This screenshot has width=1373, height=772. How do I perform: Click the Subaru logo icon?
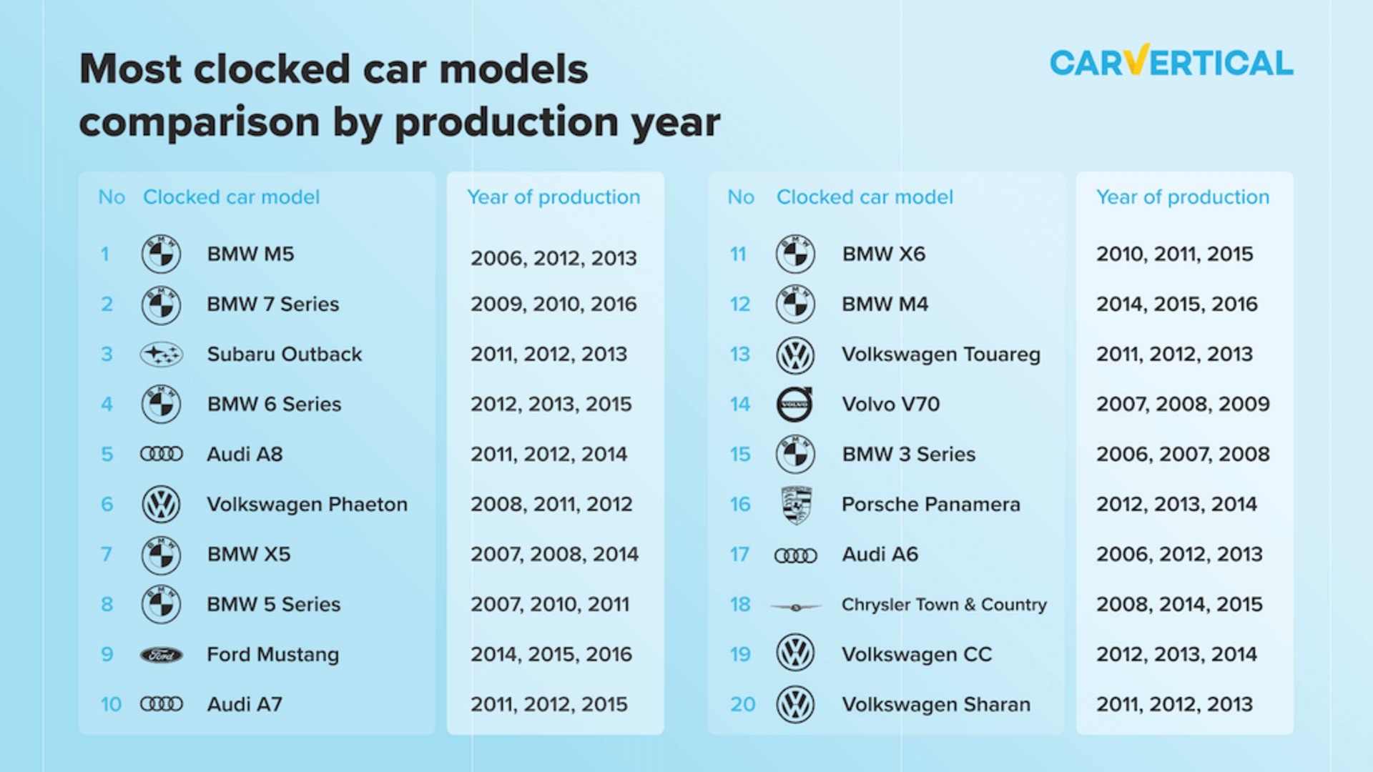(161, 355)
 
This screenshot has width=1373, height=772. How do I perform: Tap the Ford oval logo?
(161, 655)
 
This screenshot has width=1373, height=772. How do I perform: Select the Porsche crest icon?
(796, 505)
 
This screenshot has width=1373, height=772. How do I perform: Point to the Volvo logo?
(795, 405)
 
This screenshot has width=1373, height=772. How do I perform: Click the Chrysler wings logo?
(796, 607)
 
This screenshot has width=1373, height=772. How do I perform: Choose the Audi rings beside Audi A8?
(161, 454)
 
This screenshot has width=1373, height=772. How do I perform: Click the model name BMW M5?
(250, 254)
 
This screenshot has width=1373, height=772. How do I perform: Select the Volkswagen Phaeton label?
(307, 505)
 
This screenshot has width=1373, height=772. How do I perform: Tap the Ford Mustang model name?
(273, 655)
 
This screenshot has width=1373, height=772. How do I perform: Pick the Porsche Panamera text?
(931, 505)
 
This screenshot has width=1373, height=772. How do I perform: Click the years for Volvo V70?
(1183, 405)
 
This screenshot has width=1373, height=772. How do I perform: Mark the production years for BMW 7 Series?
(553, 305)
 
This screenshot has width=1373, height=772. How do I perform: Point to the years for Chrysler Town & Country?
(1179, 605)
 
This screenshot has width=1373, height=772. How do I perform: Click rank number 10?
(111, 705)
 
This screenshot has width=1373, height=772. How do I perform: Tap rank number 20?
(742, 705)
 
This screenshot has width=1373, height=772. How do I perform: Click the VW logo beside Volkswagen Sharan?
(795, 705)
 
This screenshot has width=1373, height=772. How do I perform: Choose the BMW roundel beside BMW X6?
(795, 254)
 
